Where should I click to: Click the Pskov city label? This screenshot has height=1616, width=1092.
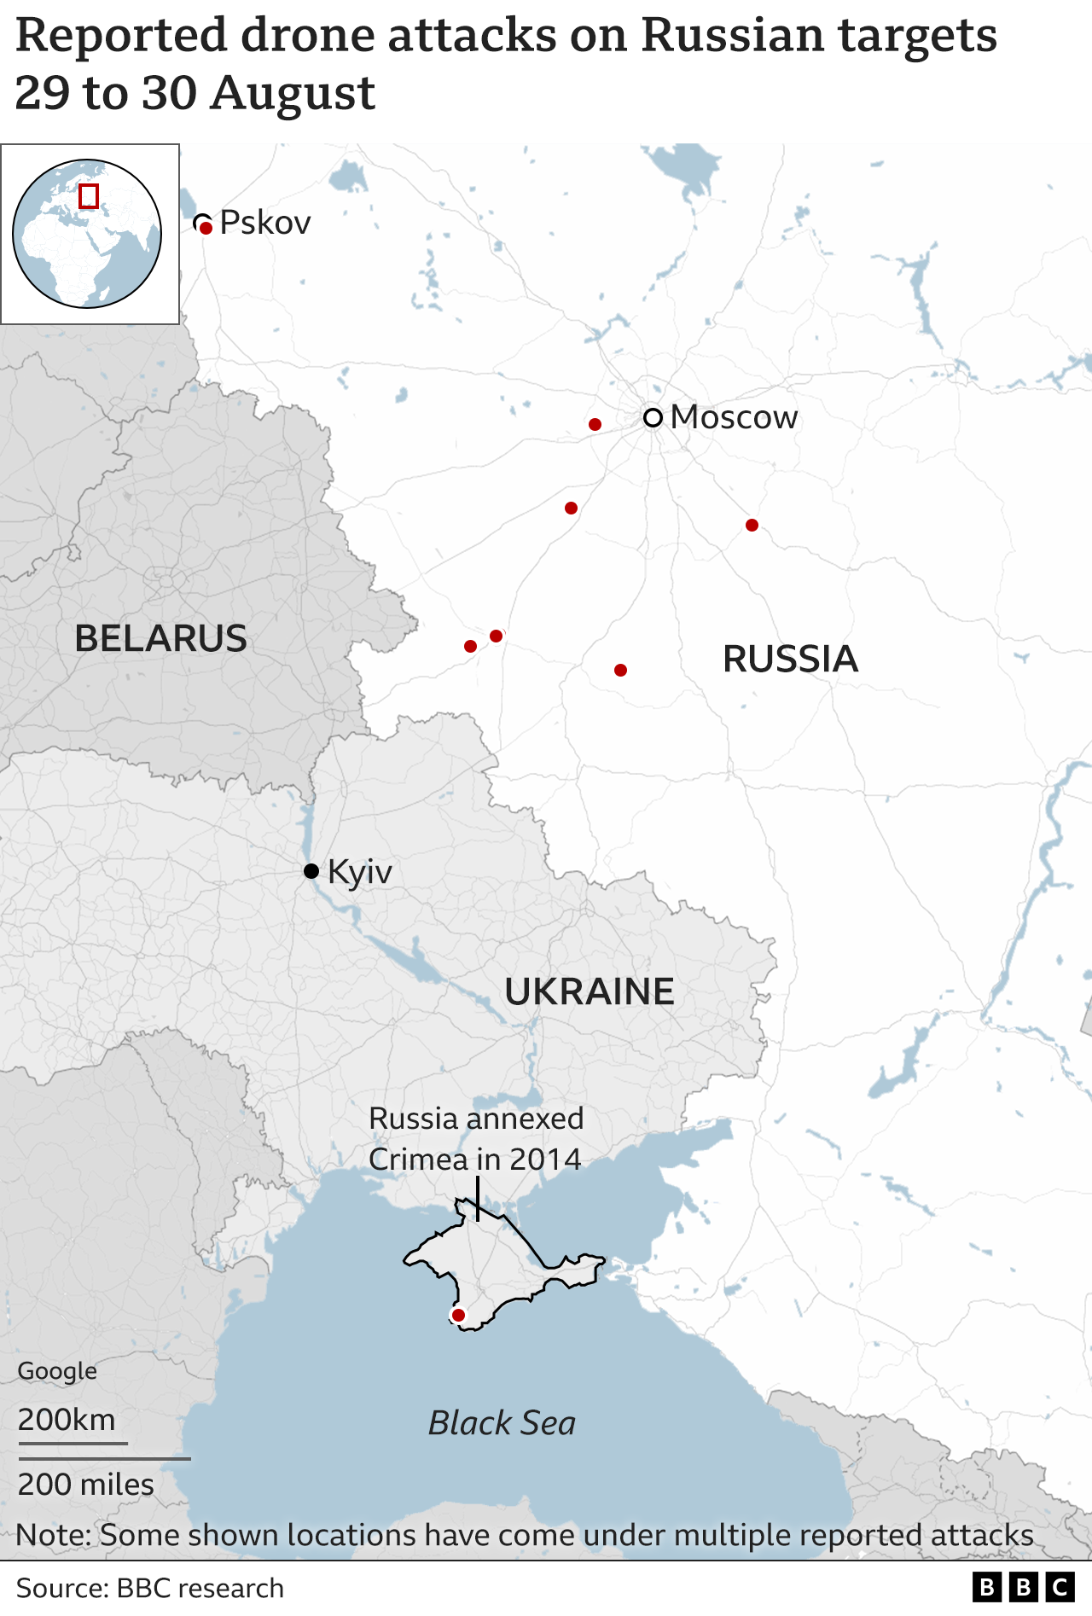point(265,223)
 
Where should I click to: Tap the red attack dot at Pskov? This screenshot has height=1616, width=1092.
point(206,229)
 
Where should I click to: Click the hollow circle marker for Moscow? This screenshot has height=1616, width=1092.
point(653,418)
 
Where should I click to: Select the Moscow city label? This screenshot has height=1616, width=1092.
point(734,417)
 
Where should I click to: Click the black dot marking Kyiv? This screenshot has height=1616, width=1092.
point(311,871)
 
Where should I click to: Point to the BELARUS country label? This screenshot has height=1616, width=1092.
point(160,638)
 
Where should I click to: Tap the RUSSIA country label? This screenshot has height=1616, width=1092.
point(790,659)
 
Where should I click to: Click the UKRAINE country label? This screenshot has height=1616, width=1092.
point(590,991)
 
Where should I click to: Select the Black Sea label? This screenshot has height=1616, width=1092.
point(502,1423)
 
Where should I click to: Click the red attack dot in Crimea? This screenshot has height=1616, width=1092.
point(458,1316)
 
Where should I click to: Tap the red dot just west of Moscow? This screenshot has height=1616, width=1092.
point(595,424)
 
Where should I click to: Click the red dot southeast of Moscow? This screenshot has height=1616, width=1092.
point(752,525)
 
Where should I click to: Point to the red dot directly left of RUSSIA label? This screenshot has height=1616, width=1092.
point(620,670)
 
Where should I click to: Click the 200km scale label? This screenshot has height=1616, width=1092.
point(67,1420)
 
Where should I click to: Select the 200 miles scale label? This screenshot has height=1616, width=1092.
point(85,1485)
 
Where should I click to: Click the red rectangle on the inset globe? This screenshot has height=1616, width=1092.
point(88,196)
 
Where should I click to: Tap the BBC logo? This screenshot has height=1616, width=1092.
point(1023,1587)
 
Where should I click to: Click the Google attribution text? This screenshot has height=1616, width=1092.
point(57,1371)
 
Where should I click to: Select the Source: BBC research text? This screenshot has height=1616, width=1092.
point(149,1588)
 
